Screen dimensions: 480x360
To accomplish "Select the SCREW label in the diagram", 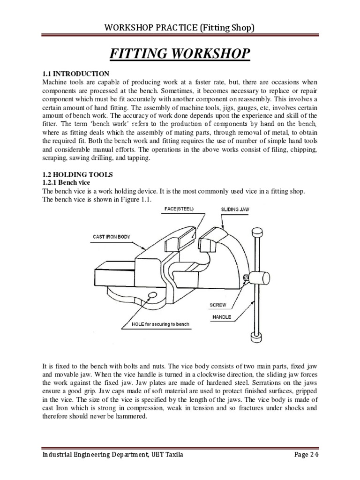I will [x=218, y=305].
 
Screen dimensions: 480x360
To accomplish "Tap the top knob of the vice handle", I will [x=256, y=232].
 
